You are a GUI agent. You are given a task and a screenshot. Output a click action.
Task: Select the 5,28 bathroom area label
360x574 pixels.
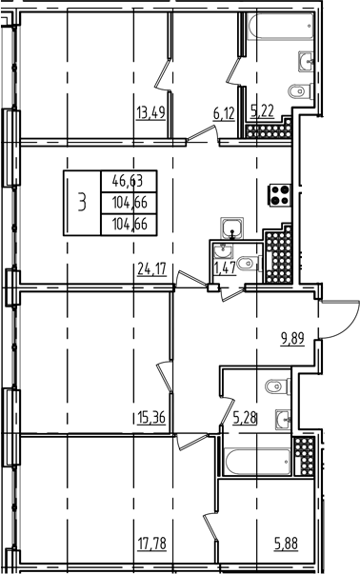[246, 416]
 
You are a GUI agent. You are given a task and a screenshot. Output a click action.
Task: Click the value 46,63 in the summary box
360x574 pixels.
[122, 178]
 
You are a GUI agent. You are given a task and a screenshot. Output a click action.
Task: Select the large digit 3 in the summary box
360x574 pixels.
[83, 201]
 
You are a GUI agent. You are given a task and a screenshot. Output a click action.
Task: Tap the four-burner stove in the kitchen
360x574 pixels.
[281, 195]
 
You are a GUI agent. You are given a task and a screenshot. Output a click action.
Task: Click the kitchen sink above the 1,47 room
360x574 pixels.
[232, 228]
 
